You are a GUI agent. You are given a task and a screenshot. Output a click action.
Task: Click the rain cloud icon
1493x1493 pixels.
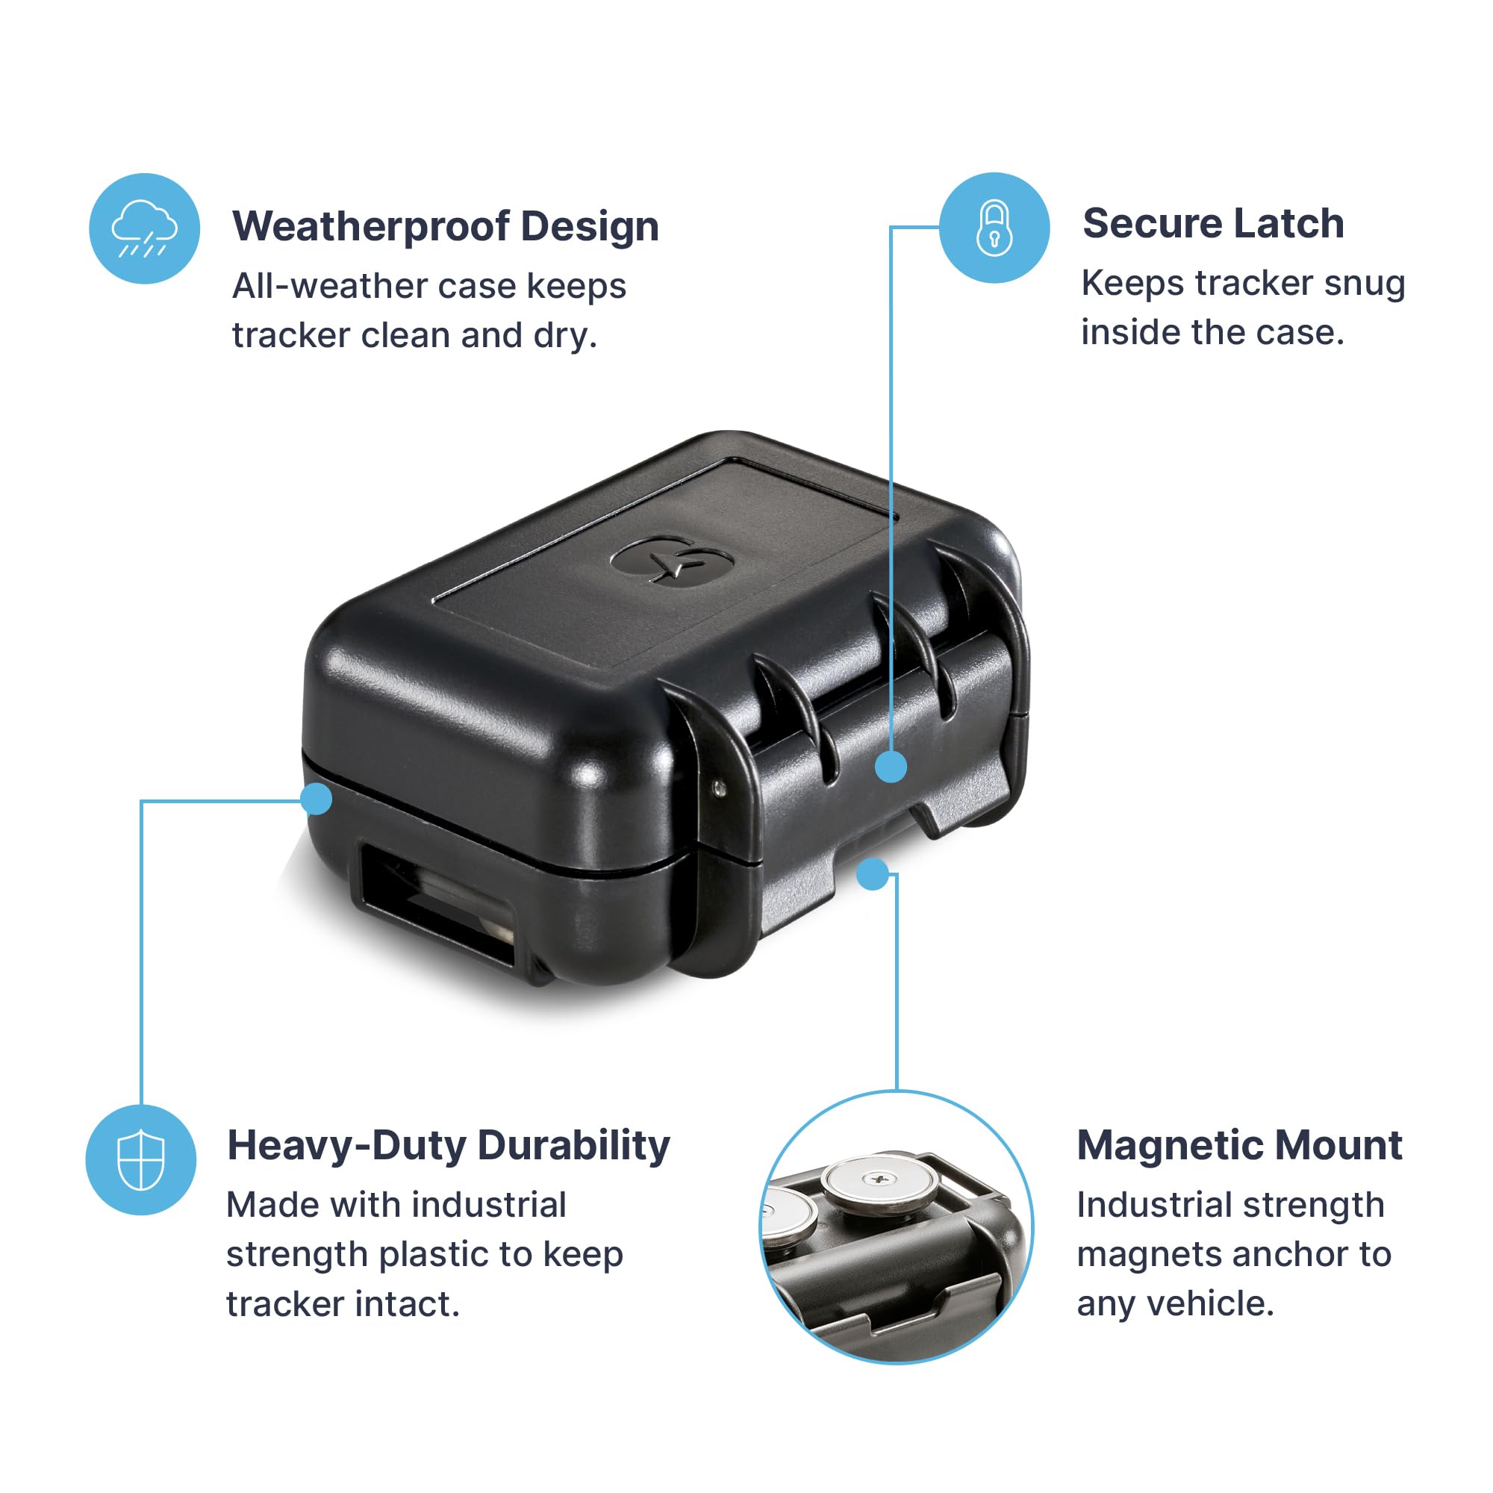(x=145, y=228)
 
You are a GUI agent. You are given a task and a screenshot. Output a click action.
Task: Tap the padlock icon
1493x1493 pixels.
(x=994, y=228)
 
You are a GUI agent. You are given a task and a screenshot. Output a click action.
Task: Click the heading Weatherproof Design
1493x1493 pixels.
(x=445, y=226)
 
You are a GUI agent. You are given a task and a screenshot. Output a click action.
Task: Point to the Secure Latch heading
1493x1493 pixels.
(x=1212, y=224)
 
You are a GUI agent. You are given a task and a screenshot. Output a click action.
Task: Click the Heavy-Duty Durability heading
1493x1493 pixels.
(x=448, y=1145)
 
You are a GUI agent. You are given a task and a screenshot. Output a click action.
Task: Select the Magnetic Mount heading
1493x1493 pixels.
(x=1238, y=1145)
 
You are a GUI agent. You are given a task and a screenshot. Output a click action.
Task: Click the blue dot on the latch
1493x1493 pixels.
(x=891, y=767)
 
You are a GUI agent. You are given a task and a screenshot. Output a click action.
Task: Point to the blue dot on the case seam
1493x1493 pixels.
(x=316, y=798)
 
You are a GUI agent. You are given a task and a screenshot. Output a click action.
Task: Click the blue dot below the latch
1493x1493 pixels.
(x=873, y=874)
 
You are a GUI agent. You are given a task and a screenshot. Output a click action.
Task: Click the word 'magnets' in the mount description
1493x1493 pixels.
(x=1140, y=1255)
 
